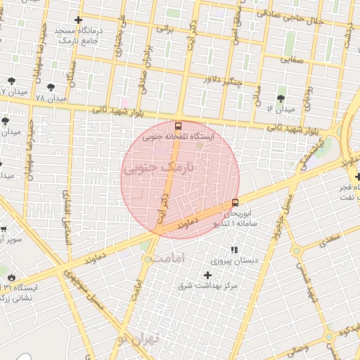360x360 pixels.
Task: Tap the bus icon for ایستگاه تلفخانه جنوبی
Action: [x=176, y=127]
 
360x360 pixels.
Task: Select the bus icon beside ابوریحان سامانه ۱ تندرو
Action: [x=235, y=203]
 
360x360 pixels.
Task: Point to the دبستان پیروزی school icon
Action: [x=234, y=250]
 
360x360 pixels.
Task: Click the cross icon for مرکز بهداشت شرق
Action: [x=207, y=275]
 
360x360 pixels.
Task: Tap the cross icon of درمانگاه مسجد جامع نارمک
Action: [x=78, y=20]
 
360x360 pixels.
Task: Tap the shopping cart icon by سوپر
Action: [x=4, y=229]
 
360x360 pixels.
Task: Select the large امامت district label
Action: [x=171, y=259]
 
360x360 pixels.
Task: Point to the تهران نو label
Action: [x=139, y=340]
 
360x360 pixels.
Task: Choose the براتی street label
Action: [x=163, y=30]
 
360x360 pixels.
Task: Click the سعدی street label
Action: [x=328, y=240]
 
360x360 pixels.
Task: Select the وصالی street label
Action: [x=294, y=347]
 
